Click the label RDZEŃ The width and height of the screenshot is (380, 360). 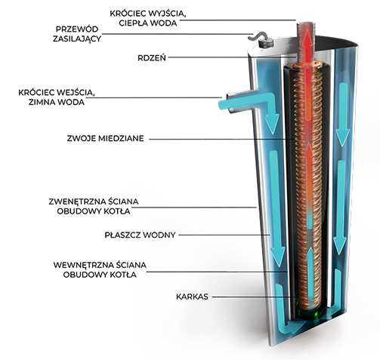point(152,58)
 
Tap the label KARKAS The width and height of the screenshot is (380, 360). point(192,297)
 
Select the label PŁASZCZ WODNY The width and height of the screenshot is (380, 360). point(140,235)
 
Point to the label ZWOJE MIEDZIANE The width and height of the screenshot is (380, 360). point(105,138)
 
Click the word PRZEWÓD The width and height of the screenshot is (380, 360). point(77,29)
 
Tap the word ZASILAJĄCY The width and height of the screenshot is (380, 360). point(77,38)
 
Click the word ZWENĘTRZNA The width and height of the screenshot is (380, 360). point(77,202)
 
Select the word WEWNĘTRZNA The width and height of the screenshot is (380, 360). point(82,265)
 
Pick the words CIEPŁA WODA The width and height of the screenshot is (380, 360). point(148,23)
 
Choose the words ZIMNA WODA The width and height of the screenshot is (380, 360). point(57,102)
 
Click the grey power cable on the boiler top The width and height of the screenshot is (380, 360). point(257,36)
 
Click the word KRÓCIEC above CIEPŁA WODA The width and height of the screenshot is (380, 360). point(128,14)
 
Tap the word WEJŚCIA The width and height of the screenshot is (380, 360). point(76,93)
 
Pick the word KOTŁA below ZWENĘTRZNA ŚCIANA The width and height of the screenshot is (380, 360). point(118,211)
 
